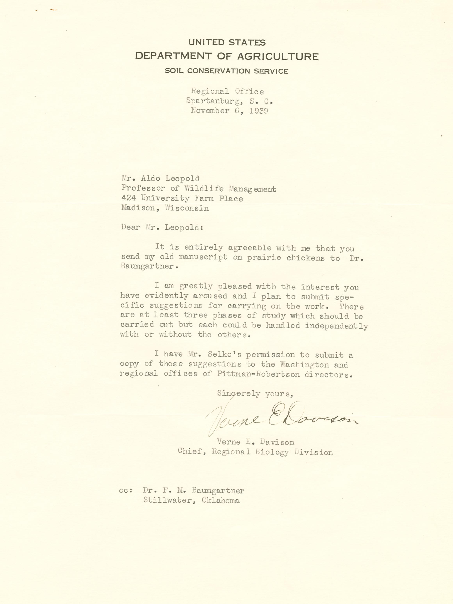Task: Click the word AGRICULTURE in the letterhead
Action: [x=278, y=57]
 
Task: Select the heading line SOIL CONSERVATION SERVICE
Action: [x=226, y=71]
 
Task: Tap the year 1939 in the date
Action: [x=259, y=111]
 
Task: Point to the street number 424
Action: [x=128, y=198]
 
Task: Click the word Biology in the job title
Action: [x=272, y=452]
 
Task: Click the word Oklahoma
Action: [x=221, y=501]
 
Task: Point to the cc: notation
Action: [x=126, y=491]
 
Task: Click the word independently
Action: [x=337, y=326]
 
